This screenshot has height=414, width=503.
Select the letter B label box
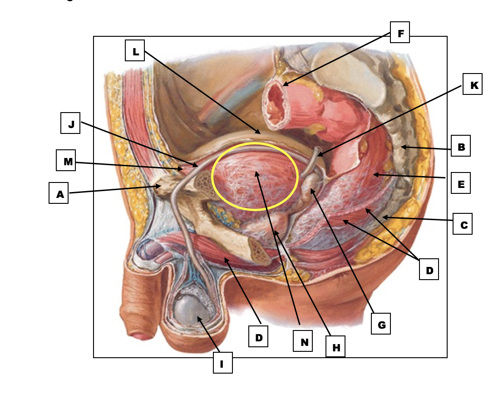461,146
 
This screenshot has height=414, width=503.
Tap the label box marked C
463,224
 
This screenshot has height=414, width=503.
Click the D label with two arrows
429,269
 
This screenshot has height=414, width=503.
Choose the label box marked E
461,183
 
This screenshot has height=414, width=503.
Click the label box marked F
400,32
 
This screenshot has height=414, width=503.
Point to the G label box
381,324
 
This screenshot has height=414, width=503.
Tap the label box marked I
223,363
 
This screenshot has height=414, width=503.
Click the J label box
70,123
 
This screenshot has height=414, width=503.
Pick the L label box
135,50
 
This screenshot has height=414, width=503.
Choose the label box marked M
66,160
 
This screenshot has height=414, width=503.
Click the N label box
303,341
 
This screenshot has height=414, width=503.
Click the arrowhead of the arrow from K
319,155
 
